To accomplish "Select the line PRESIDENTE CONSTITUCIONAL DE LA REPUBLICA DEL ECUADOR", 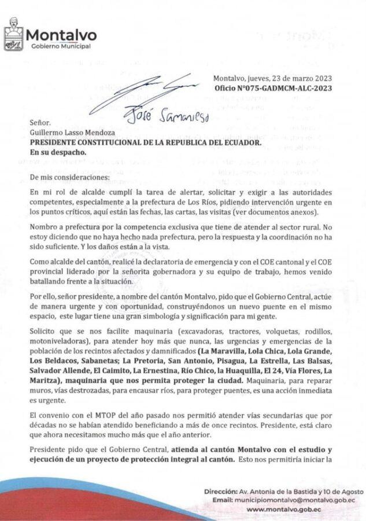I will tap(153, 142).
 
